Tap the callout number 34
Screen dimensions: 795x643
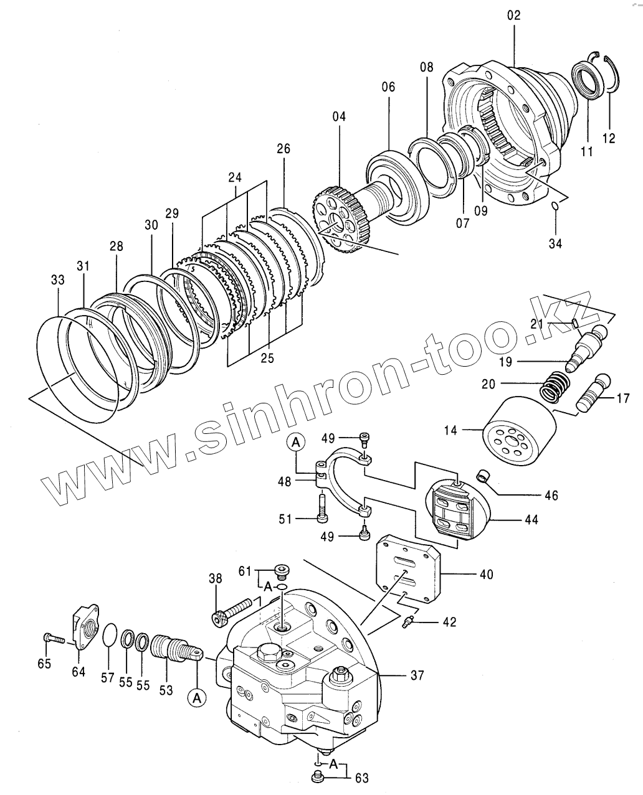tap(555, 243)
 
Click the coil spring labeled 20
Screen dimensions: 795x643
tap(555, 386)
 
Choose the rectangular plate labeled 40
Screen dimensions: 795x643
tap(408, 567)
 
